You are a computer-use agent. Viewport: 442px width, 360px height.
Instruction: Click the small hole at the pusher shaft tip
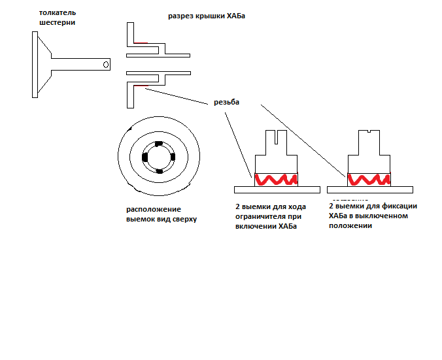click(105, 65)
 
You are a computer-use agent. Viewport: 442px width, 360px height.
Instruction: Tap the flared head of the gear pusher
click(41, 65)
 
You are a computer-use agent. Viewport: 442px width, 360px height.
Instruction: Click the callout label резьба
click(227, 103)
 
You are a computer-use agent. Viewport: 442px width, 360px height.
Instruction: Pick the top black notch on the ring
click(159, 144)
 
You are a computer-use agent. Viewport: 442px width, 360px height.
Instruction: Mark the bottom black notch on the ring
click(159, 171)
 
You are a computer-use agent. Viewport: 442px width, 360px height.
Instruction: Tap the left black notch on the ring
click(145, 157)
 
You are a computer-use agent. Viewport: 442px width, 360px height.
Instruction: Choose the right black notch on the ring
click(173, 157)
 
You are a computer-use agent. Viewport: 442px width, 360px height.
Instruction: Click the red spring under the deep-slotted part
click(277, 178)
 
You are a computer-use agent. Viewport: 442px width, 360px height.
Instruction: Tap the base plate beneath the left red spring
click(277, 189)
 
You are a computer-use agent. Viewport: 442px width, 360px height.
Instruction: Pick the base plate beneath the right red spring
click(369, 189)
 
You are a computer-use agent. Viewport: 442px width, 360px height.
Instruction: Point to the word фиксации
click(399, 206)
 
